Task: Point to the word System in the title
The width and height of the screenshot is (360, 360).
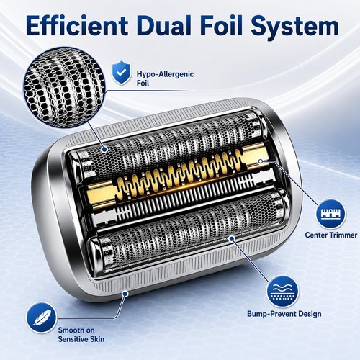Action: [294, 27]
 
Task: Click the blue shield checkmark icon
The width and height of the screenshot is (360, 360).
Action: [122, 72]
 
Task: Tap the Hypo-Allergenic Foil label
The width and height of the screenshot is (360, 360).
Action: [165, 78]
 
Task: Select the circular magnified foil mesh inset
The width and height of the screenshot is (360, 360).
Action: [64, 87]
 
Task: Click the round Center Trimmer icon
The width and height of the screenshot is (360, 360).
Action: [330, 213]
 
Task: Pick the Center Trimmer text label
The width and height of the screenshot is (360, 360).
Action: [331, 235]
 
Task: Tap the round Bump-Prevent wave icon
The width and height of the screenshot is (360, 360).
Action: [283, 292]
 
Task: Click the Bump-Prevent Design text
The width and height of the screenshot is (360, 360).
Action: [284, 314]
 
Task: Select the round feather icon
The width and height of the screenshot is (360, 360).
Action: [42, 318]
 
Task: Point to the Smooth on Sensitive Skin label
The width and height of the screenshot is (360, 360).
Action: [81, 335]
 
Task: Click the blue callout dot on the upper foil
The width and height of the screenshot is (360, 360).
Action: [104, 149]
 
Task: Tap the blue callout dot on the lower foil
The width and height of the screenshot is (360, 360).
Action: [232, 238]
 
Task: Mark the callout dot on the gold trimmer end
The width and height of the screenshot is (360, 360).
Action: [261, 161]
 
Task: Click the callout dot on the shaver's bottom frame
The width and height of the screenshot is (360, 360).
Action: [125, 293]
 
